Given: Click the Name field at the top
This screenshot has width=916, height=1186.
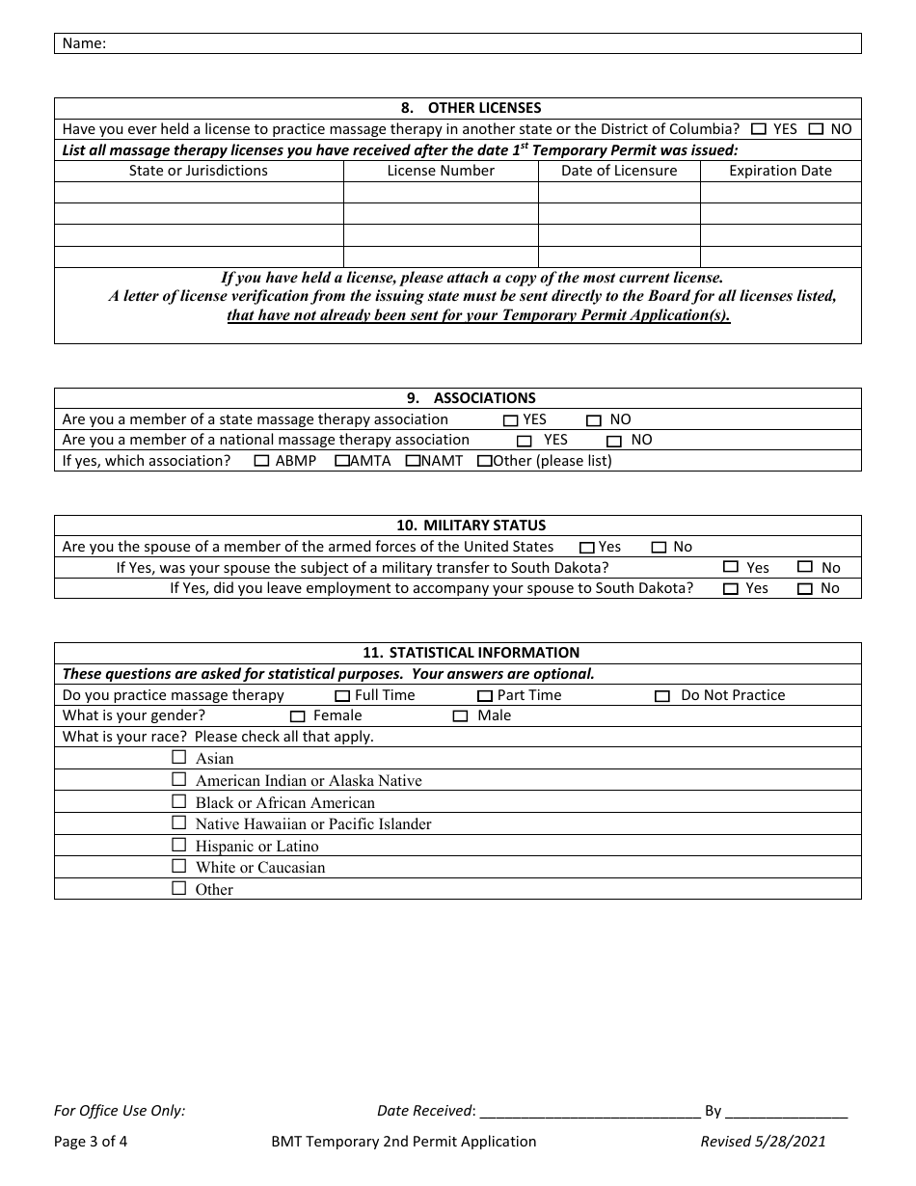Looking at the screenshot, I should click(x=482, y=43).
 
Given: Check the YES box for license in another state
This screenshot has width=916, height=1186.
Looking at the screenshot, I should click(x=759, y=128).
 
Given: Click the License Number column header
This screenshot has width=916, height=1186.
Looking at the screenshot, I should click(x=441, y=171).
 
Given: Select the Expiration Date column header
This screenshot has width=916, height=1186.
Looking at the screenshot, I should click(x=780, y=171).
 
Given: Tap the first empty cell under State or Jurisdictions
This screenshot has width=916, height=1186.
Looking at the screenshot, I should click(x=199, y=193).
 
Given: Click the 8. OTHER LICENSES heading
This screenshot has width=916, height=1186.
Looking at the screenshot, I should click(x=457, y=108).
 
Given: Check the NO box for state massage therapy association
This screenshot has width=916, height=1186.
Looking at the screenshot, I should click(x=594, y=420).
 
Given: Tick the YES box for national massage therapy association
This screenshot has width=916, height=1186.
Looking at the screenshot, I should click(x=525, y=441).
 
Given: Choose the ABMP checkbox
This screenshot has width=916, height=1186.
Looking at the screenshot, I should click(x=261, y=461).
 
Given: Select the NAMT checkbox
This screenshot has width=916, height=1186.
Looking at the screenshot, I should click(x=413, y=461).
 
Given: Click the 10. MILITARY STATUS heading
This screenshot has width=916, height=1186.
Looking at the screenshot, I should click(x=457, y=526).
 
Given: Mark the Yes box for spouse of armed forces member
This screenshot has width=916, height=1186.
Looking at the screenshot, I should click(x=586, y=548).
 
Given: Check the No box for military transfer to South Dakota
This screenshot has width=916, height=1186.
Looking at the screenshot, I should click(x=805, y=568).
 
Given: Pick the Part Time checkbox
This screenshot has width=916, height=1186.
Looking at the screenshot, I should click(x=484, y=696).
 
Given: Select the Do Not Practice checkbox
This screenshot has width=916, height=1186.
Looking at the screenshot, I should click(x=662, y=696).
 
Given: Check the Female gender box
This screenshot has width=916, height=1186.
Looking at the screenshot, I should click(x=297, y=716).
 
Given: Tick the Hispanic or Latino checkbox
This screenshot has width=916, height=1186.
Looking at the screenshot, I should click(x=178, y=845).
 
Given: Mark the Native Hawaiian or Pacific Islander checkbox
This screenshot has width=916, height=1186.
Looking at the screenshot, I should click(x=178, y=823).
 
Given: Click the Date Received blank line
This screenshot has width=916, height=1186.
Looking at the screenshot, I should click(x=589, y=1111).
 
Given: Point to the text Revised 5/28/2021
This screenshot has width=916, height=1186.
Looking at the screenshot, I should click(x=763, y=1142).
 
